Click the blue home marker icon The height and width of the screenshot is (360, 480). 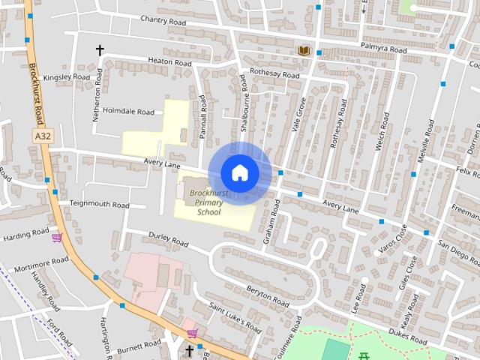(x=239, y=172)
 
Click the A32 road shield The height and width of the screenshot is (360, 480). (x=43, y=136)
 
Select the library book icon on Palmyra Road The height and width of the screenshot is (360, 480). (x=304, y=51)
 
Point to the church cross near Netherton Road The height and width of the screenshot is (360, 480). (x=99, y=50)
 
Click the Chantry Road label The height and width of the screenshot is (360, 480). (x=162, y=22)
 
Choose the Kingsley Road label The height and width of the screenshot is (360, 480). (x=66, y=77)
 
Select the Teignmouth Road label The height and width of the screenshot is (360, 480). (x=99, y=204)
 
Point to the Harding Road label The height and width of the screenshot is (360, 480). (x=25, y=235)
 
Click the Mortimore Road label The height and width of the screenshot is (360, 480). (x=41, y=264)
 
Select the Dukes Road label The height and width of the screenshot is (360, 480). (x=407, y=339)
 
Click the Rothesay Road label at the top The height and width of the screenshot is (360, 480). (x=274, y=75)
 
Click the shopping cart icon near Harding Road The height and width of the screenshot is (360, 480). (x=57, y=238)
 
